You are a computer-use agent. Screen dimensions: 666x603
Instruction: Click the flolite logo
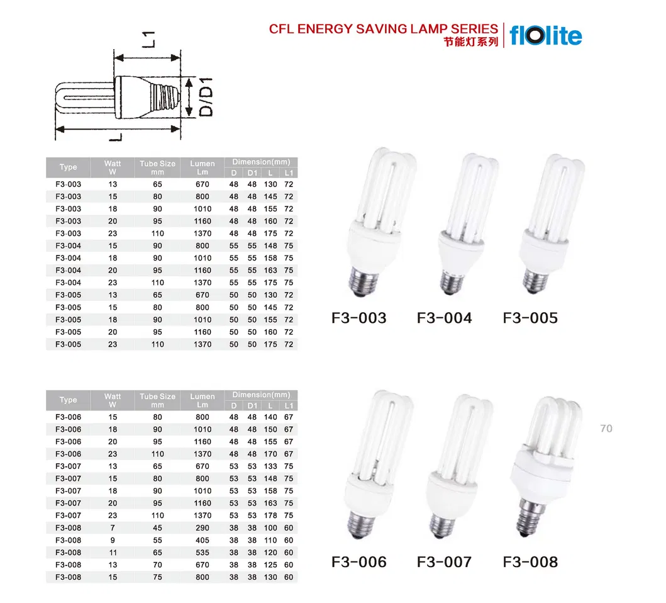(x=546, y=36)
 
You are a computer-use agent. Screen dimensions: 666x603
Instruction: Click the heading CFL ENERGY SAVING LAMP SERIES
(x=383, y=29)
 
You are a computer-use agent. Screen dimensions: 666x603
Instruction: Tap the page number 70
(x=606, y=428)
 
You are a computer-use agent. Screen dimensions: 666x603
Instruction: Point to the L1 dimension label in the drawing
(x=148, y=39)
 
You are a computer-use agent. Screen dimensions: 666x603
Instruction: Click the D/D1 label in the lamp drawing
(x=206, y=97)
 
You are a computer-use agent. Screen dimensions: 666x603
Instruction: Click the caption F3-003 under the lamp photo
(x=359, y=318)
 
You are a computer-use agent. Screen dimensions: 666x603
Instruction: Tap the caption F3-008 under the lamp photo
(x=530, y=561)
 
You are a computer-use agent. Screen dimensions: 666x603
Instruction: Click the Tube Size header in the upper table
(x=157, y=167)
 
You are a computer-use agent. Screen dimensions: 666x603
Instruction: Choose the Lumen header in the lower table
(x=202, y=400)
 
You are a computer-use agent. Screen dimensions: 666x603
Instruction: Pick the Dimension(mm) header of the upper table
(x=261, y=162)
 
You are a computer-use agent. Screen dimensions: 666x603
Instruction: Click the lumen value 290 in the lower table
(x=202, y=527)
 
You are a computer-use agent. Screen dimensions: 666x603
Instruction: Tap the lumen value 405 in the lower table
(x=202, y=540)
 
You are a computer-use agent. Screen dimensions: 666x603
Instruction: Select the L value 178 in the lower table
(x=270, y=516)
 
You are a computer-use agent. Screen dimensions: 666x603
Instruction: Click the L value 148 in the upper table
(x=270, y=245)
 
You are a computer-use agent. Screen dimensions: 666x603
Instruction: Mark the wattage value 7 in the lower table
(x=113, y=527)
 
